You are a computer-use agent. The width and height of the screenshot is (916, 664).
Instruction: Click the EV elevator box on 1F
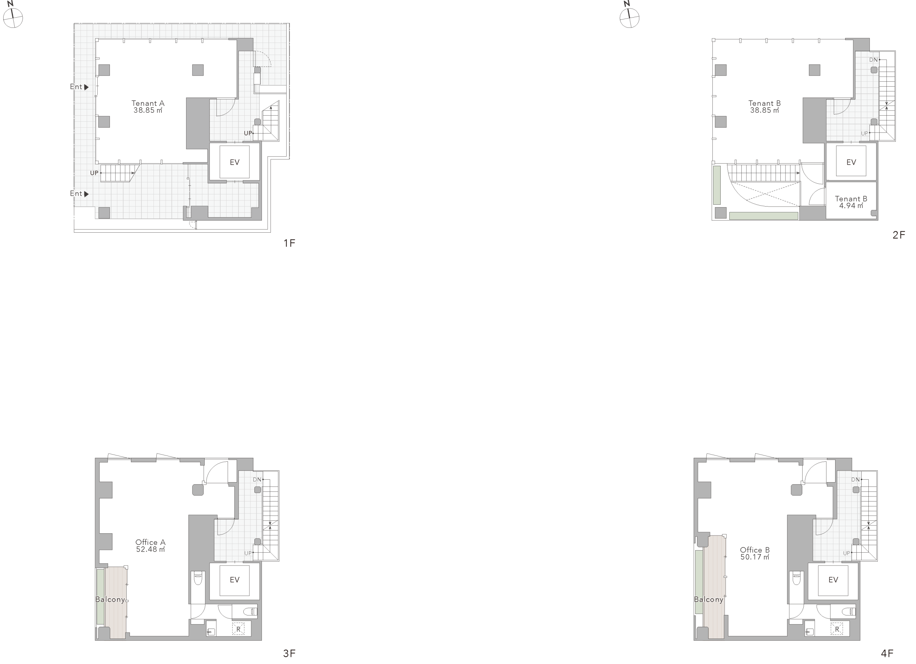(x=234, y=162)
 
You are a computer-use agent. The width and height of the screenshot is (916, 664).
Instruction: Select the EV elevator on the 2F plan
(x=851, y=162)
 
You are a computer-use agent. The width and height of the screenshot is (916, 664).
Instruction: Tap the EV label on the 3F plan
(x=234, y=580)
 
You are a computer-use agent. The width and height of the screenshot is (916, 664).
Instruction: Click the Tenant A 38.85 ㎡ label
(x=148, y=106)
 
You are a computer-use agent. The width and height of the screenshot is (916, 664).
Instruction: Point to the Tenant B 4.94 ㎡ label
(x=851, y=202)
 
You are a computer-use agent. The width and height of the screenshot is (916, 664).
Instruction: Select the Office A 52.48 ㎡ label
(x=150, y=546)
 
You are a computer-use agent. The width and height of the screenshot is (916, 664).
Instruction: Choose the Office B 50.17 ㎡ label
(x=755, y=553)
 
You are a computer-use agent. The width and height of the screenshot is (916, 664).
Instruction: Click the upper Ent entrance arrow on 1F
(x=86, y=87)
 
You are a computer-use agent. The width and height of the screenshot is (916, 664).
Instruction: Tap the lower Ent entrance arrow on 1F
(x=86, y=194)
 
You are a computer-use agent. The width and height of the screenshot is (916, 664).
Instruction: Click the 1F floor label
(x=289, y=243)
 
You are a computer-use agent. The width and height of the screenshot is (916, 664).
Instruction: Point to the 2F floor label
(x=898, y=235)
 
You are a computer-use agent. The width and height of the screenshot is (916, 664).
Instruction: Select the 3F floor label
(x=289, y=653)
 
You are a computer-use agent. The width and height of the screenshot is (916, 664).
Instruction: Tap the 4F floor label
(x=887, y=653)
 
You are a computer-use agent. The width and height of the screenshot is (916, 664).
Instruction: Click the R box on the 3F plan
(x=238, y=629)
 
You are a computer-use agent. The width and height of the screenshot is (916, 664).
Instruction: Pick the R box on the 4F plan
(x=837, y=629)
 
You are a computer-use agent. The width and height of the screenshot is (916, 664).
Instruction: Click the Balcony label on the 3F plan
(x=110, y=599)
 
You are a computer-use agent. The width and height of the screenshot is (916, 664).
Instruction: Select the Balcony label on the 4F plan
(x=708, y=599)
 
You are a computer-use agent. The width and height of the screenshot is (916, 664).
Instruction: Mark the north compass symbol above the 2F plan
(x=629, y=16)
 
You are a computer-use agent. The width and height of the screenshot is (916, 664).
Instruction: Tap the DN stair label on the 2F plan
(x=873, y=60)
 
